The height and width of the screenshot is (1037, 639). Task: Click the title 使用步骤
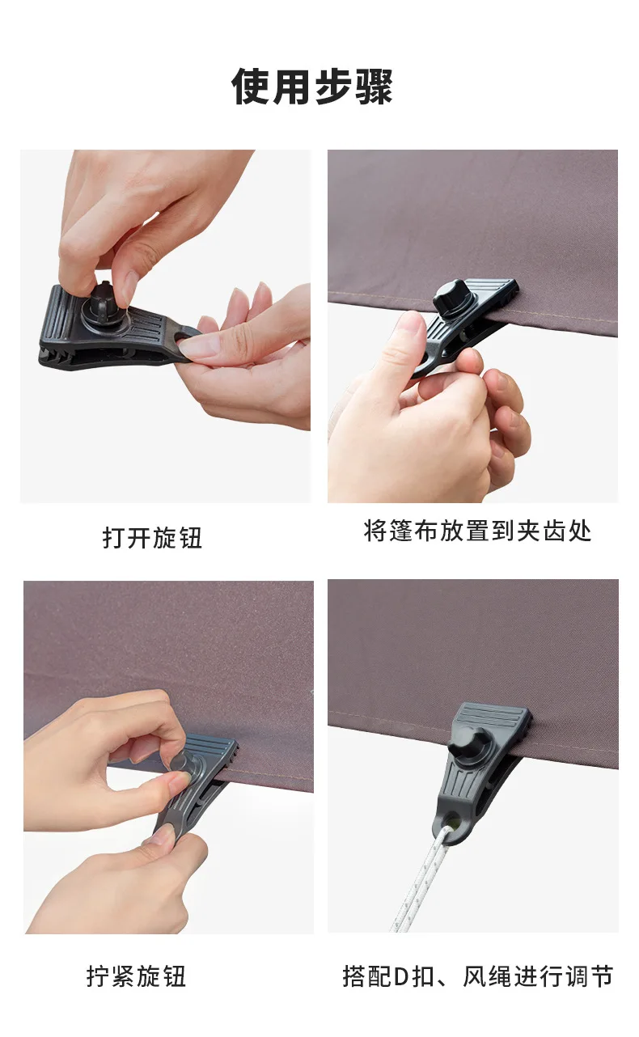312,87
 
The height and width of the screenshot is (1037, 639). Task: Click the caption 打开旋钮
152,537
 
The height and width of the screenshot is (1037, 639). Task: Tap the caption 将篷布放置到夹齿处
477,531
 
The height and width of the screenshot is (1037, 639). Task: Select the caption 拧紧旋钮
136,976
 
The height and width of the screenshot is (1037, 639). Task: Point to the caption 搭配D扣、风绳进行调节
477,976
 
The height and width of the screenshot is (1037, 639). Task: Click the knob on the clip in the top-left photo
104,298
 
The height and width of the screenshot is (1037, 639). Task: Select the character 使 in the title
252,87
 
